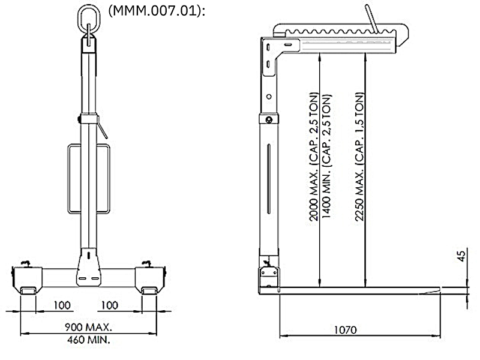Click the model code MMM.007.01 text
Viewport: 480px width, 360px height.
pyautogui.click(x=157, y=11)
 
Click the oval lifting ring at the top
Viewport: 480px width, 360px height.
pyautogui.click(x=89, y=7)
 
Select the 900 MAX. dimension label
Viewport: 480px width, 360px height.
pyautogui.click(x=88, y=327)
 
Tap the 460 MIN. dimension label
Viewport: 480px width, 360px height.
pyautogui.click(x=88, y=340)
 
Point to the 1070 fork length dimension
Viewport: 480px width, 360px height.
pyautogui.click(x=346, y=330)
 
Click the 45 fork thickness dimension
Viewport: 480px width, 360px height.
pyautogui.click(x=461, y=256)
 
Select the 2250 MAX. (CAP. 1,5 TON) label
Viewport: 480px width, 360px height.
pyautogui.click(x=359, y=157)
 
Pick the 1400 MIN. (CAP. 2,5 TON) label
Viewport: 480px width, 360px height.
pyautogui.click(x=326, y=156)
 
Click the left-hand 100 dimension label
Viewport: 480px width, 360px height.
pyautogui.click(x=62, y=305)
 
